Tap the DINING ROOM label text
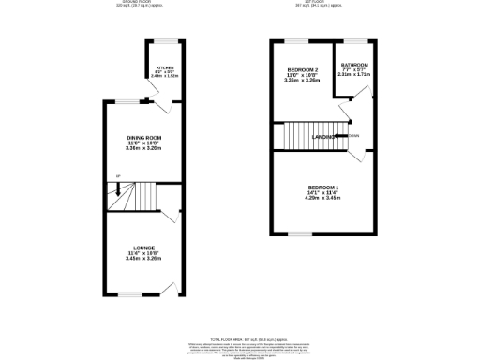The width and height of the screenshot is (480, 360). (x=144, y=138)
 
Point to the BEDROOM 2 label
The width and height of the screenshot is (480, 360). (x=302, y=70)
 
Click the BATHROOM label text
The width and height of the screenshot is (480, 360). (x=354, y=65)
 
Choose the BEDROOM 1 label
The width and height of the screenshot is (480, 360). (x=322, y=188)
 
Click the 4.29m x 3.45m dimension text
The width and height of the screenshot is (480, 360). (x=322, y=200)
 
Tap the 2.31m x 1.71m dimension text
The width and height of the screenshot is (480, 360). (x=354, y=74)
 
